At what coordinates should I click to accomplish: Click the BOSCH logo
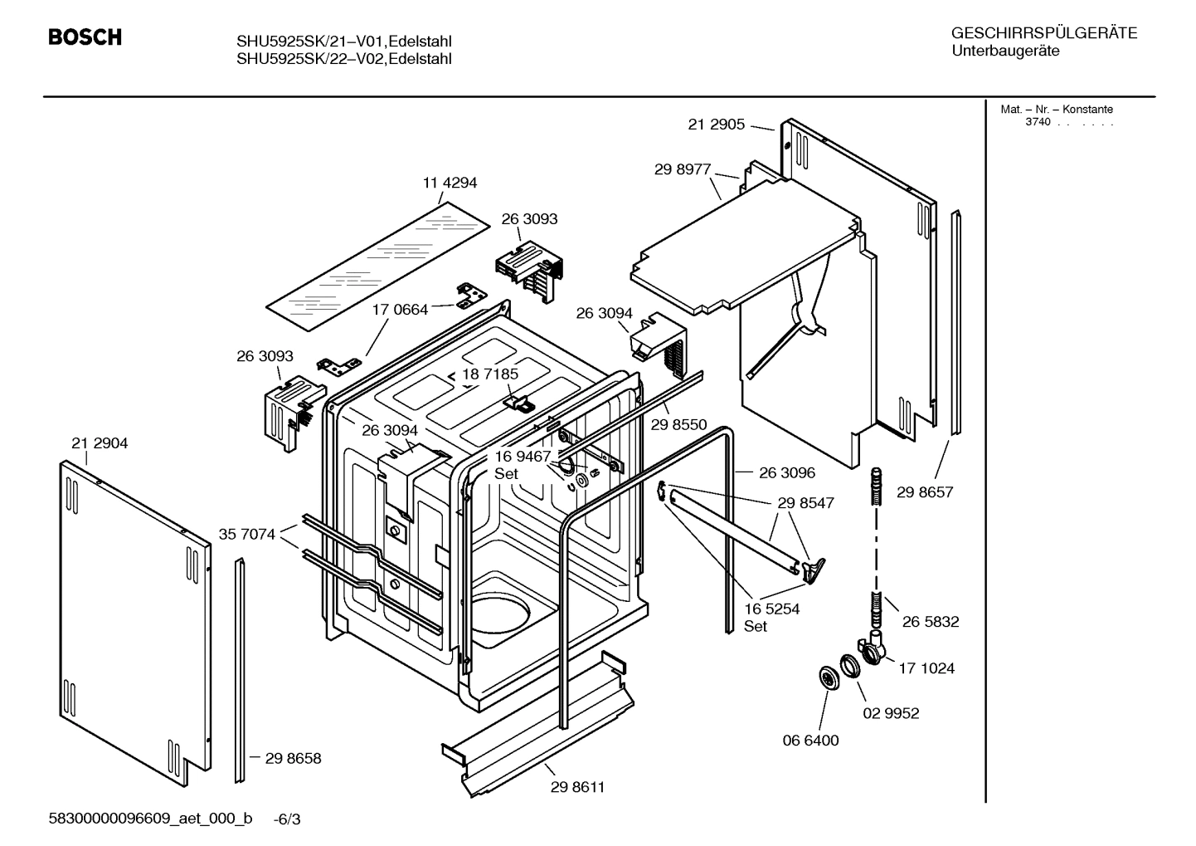85,37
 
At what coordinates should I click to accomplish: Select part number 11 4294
450,183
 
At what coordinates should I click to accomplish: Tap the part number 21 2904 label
100,443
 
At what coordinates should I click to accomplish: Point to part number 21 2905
717,125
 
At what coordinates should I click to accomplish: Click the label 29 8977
683,169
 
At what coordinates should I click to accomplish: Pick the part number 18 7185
490,374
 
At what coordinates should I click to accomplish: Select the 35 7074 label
246,534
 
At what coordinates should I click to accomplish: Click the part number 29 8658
293,758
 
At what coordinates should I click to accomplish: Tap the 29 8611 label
577,787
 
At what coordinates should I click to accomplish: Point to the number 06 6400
810,740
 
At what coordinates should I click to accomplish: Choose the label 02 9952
891,713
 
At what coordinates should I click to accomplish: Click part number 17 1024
926,668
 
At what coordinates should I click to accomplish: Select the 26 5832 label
931,622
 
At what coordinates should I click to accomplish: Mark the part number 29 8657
925,492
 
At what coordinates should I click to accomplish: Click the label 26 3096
786,472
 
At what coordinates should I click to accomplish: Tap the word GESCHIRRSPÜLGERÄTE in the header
1043,33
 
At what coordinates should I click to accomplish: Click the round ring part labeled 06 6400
827,677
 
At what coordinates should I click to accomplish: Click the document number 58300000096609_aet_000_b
150,819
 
